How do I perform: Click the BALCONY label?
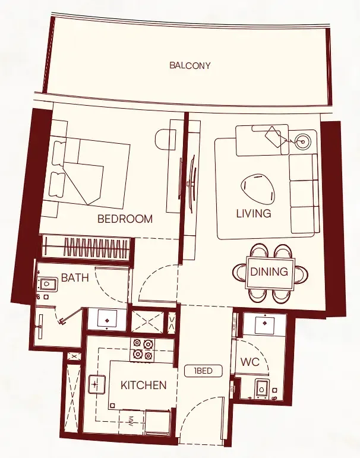(190, 65)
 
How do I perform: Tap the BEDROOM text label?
(125, 219)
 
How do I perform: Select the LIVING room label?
(253, 213)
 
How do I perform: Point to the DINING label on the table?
(269, 272)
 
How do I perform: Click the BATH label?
(75, 277)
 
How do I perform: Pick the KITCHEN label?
(143, 385)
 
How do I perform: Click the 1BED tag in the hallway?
(203, 371)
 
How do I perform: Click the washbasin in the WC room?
(264, 324)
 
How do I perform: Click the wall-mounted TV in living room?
(192, 183)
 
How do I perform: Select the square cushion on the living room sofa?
(274, 137)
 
